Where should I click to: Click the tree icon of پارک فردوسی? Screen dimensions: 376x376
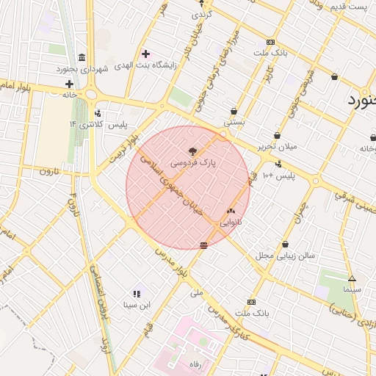[x=193, y=151]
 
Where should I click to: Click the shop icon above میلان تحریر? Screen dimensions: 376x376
[x=277, y=135]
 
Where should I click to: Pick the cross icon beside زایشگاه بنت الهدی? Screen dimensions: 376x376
[x=145, y=54]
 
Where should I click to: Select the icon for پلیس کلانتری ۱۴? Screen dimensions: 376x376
[x=98, y=114]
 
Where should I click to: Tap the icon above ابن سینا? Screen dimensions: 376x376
[x=137, y=294]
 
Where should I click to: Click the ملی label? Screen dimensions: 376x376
[x=196, y=292]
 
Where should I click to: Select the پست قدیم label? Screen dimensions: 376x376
[x=346, y=7]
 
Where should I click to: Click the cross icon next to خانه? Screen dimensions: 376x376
[x=69, y=84]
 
